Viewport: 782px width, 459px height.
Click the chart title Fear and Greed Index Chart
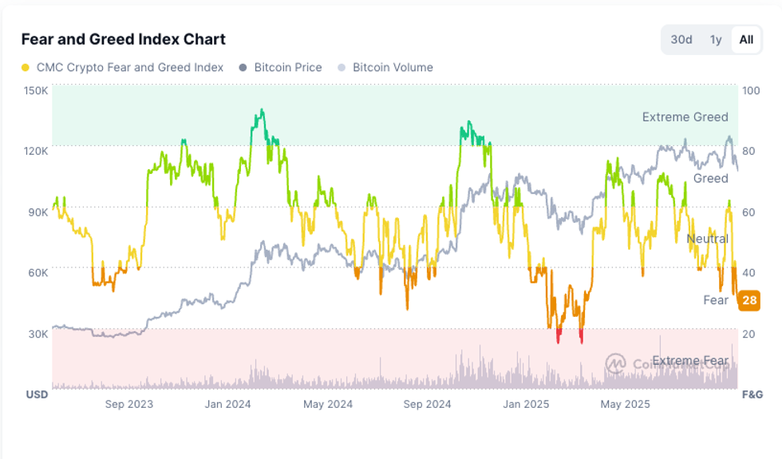[x=123, y=39]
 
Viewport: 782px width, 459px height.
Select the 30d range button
[x=681, y=40]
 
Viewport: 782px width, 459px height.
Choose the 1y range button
[x=716, y=40]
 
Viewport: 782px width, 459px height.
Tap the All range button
[x=746, y=40]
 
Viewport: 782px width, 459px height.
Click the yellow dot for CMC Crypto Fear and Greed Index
[x=26, y=68]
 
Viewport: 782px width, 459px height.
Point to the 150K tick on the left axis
[x=36, y=90]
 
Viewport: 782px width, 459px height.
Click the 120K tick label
[x=36, y=151]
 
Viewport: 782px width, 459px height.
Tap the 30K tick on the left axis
[x=38, y=334]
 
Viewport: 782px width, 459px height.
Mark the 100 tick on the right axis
[x=750, y=90]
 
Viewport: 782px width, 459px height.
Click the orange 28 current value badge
[x=749, y=300]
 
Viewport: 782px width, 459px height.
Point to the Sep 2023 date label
[x=129, y=404]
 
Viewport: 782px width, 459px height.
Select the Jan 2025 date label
[x=525, y=404]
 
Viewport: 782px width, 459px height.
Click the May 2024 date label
[x=327, y=404]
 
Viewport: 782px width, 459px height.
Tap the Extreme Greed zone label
[x=685, y=117]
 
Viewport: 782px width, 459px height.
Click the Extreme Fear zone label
[x=691, y=361]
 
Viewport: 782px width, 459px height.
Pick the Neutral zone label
[x=707, y=239]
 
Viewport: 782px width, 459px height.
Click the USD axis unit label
[x=37, y=394]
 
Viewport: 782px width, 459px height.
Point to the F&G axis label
[x=752, y=394]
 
